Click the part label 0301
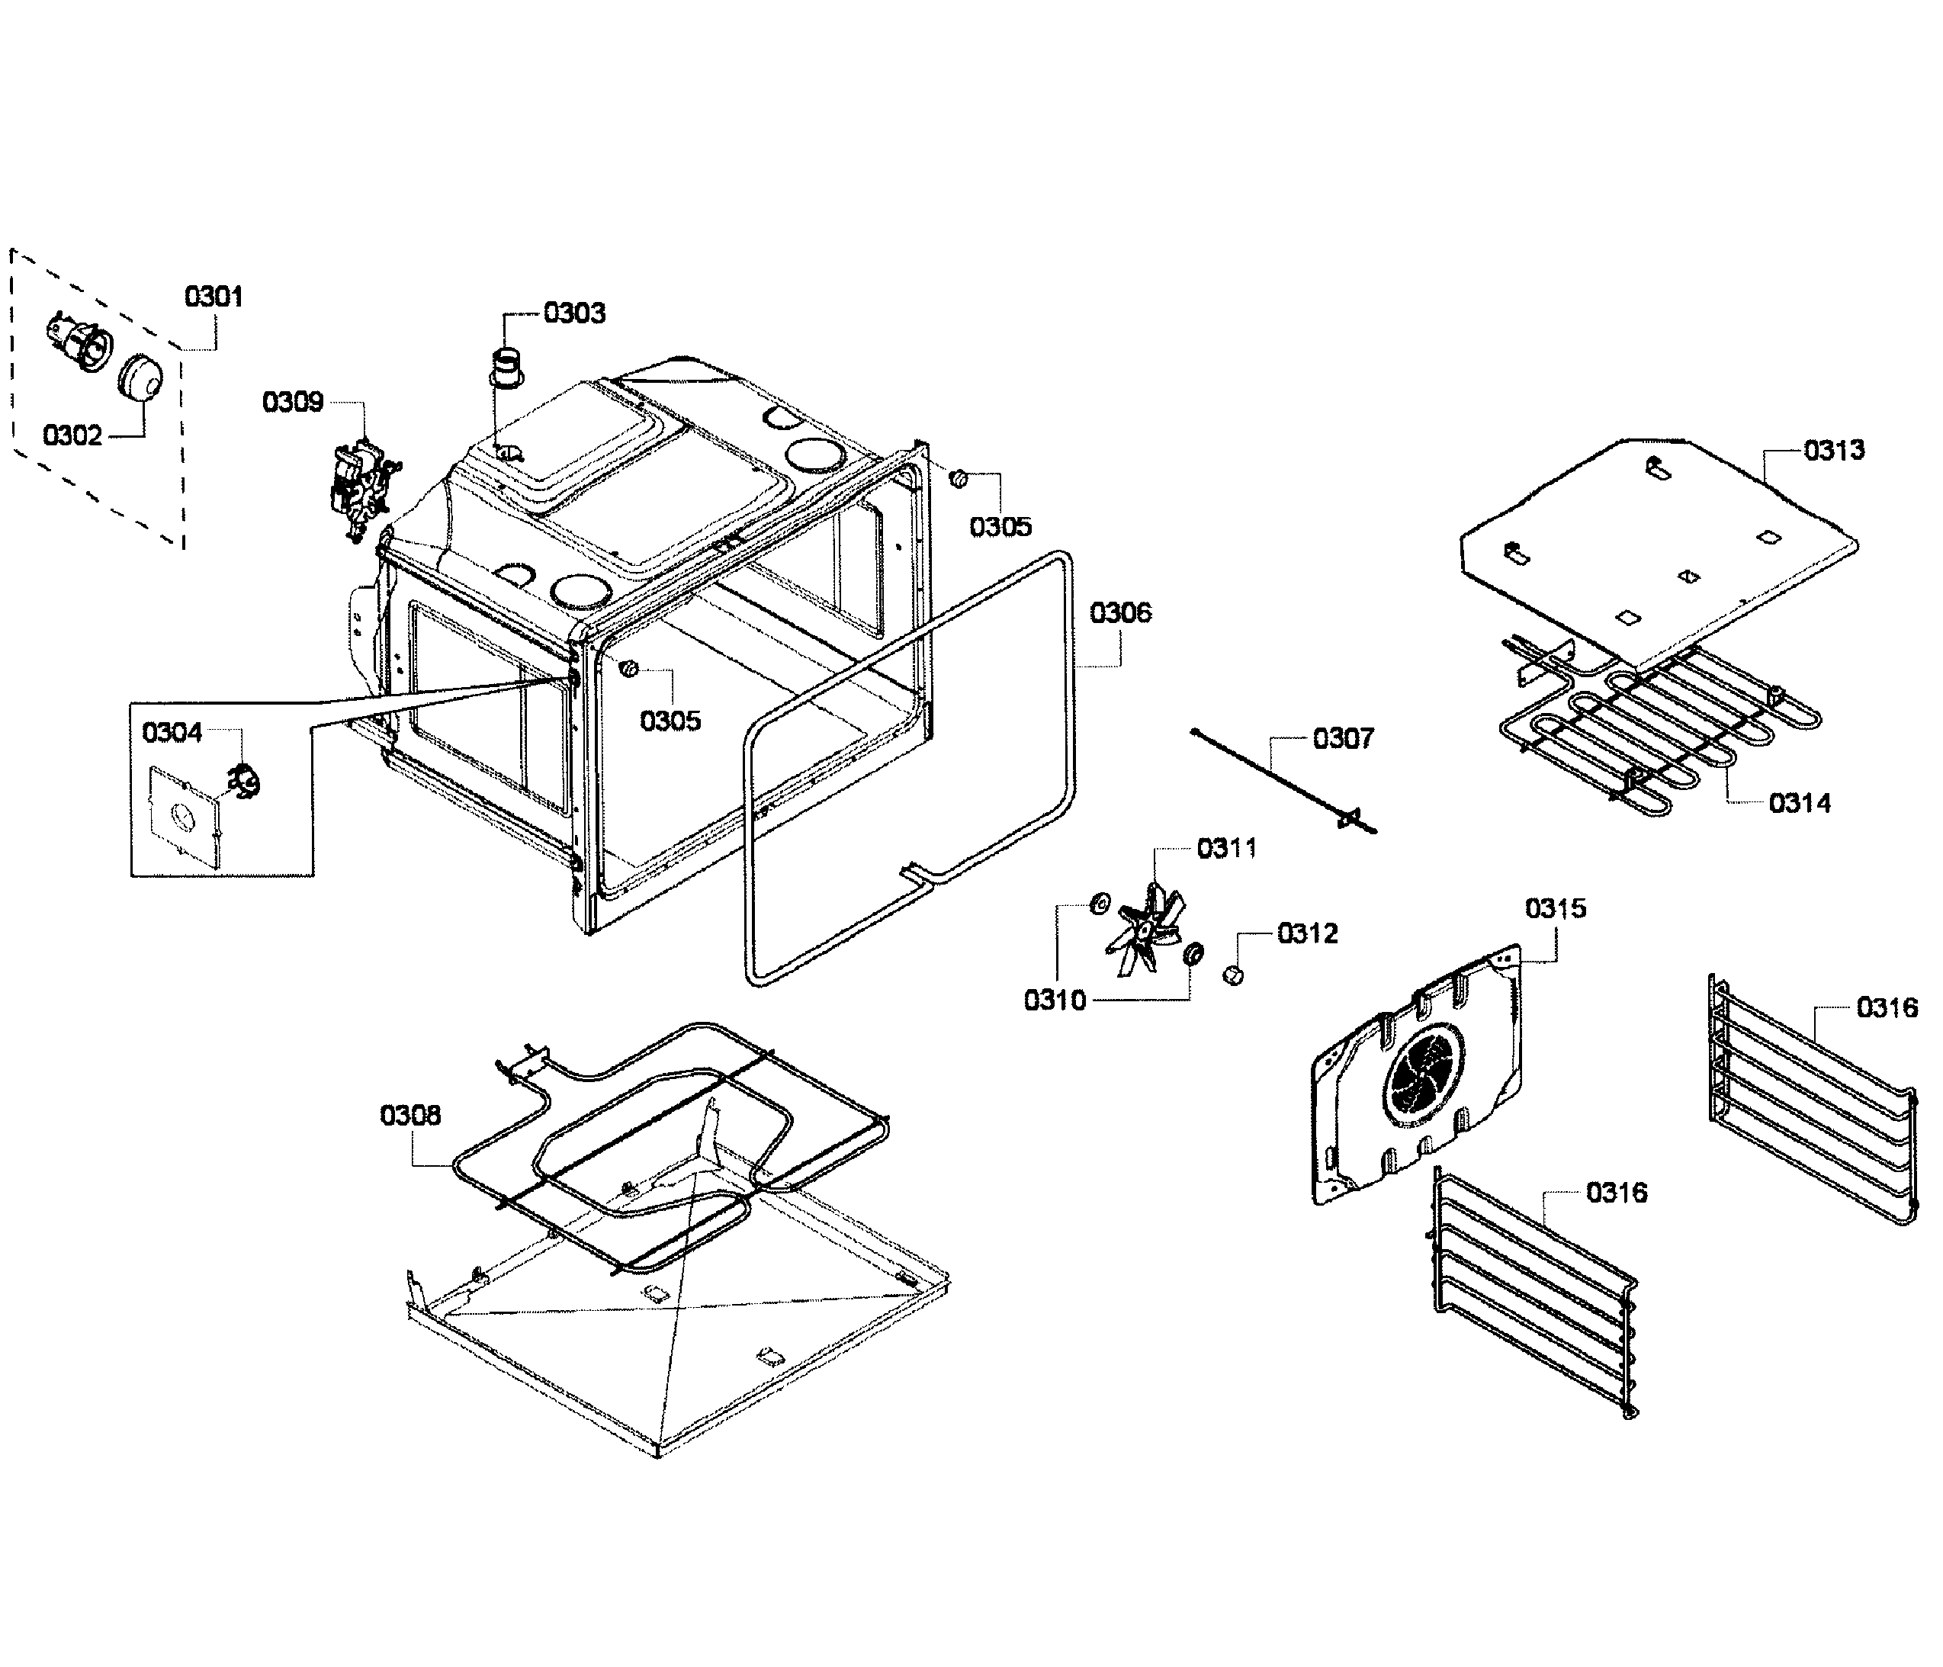214,297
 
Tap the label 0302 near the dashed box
72,436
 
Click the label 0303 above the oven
574,313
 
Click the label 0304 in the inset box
172,732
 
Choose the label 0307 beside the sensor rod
1343,739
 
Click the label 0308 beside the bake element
409,1115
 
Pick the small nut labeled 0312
1233,975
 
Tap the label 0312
1307,934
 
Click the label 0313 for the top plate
1834,450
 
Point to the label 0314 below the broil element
1800,804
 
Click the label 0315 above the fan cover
1556,908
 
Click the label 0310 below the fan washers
1055,1001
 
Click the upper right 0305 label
1000,527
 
